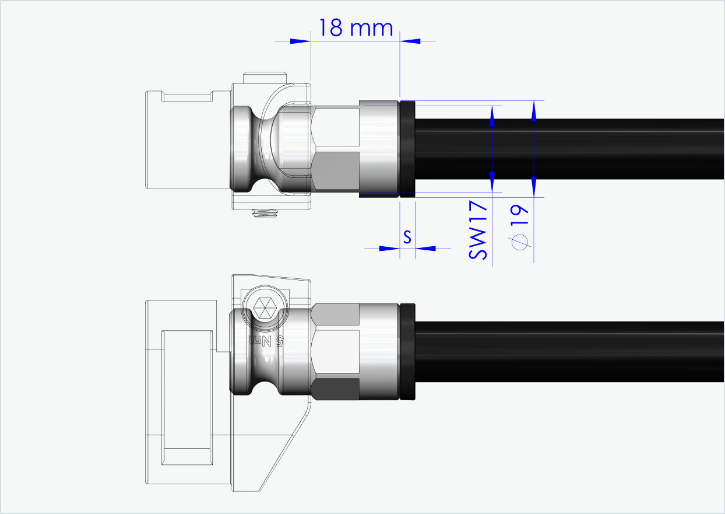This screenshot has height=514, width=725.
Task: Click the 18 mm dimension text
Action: (x=356, y=27)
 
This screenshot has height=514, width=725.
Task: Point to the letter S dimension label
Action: (x=407, y=237)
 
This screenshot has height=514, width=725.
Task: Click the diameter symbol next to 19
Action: (x=520, y=241)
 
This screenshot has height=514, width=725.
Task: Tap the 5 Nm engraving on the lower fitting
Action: (x=266, y=341)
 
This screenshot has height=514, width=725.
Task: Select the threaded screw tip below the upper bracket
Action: (x=265, y=214)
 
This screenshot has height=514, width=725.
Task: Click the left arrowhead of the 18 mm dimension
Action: (x=300, y=41)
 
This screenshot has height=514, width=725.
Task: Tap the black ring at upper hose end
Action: (x=407, y=149)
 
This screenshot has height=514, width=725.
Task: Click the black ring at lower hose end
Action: (x=407, y=352)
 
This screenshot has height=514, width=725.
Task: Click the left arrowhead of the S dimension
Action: (x=389, y=248)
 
